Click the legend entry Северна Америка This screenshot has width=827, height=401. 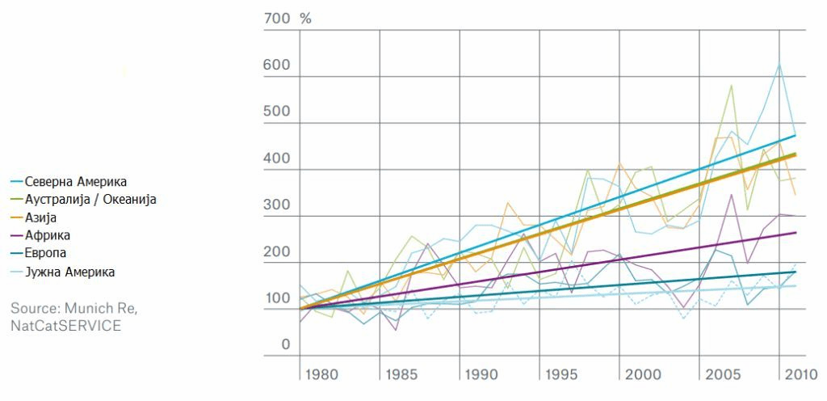pyautogui.click(x=76, y=181)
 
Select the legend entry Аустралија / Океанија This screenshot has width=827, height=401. pyautogui.click(x=90, y=199)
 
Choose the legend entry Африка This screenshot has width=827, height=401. pyautogui.click(x=48, y=235)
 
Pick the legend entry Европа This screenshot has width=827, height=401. pyautogui.click(x=47, y=253)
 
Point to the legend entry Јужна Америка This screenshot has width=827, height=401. pyautogui.click(x=69, y=272)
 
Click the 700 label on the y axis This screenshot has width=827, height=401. pyautogui.click(x=276, y=18)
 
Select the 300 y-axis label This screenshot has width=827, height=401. pyautogui.click(x=276, y=205)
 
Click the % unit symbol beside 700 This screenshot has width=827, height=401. pyautogui.click(x=305, y=18)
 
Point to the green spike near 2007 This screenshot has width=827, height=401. pyautogui.click(x=731, y=85)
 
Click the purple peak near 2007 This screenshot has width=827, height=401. pyautogui.click(x=731, y=194)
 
